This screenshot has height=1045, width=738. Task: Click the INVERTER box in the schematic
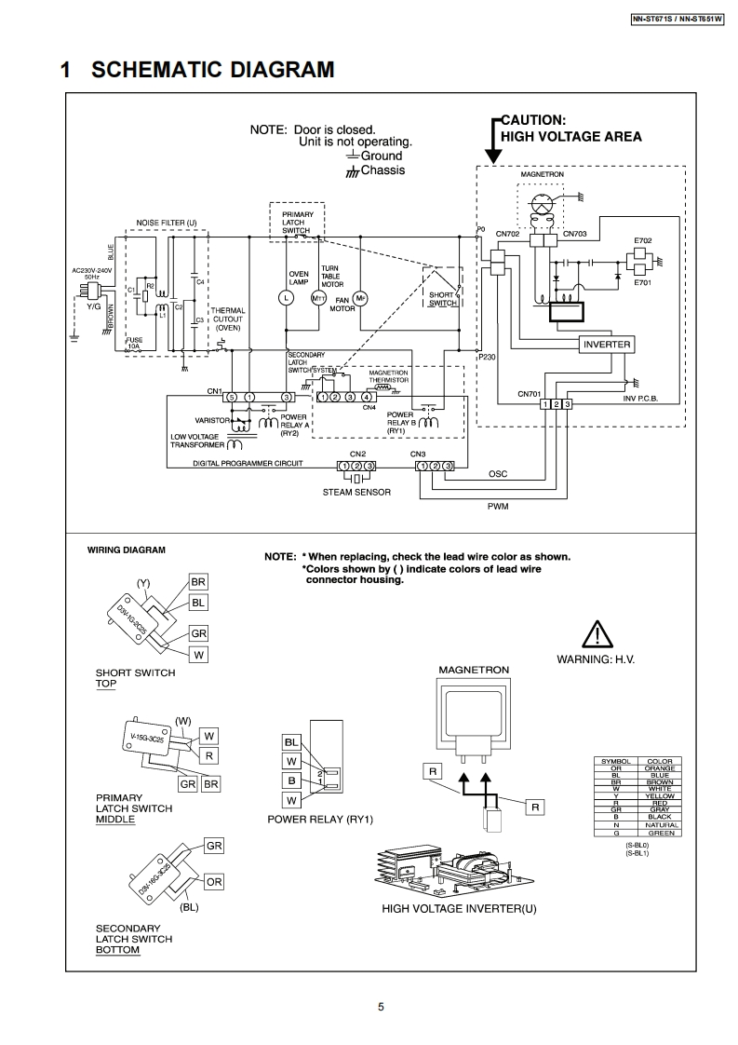click(x=606, y=345)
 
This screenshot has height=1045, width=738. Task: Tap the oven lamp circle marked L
click(x=287, y=297)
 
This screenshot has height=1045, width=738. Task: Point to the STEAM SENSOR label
click(x=356, y=492)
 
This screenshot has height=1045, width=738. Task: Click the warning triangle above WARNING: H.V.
click(x=595, y=635)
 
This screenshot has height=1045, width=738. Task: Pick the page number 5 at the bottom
click(x=381, y=1006)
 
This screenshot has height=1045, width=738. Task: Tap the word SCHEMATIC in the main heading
click(x=150, y=71)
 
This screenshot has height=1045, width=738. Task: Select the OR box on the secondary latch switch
click(x=214, y=881)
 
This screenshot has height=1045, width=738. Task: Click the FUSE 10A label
click(x=135, y=343)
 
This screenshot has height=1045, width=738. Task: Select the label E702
click(x=643, y=240)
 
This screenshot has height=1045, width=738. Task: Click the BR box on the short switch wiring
click(x=198, y=582)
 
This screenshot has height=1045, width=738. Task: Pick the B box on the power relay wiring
click(x=292, y=780)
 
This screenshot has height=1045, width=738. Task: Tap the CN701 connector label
click(x=530, y=393)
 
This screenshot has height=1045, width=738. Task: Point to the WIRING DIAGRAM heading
click(x=127, y=550)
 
